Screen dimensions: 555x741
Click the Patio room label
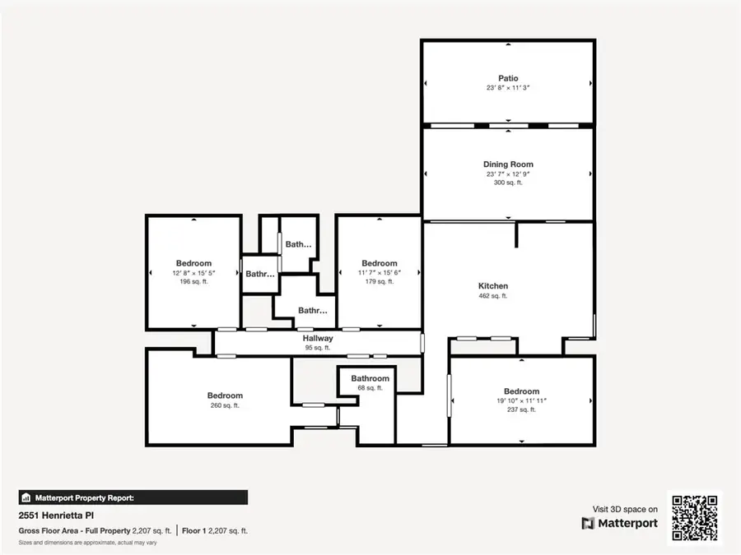coord(508,79)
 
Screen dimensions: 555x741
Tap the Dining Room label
coord(509,164)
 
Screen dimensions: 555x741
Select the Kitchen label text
coord(493,286)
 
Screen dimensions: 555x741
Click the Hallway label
coord(317,338)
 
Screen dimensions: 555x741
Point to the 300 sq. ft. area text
coord(509,183)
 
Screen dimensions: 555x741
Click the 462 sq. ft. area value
coord(493,296)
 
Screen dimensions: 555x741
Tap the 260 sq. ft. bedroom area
coord(225,405)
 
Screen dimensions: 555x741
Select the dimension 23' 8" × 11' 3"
coord(508,88)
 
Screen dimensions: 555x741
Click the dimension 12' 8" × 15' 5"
coord(193,273)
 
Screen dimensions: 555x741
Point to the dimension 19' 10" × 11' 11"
coord(521,400)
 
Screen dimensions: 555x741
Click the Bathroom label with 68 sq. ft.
coord(370,379)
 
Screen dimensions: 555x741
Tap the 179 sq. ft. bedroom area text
coord(379,281)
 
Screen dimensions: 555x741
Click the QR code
coord(694,518)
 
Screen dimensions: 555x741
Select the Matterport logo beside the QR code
coord(620,523)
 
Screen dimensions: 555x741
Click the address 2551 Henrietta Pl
coord(52,516)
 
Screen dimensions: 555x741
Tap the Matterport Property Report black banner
coord(133,497)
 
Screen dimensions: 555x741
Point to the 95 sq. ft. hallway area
coord(317,348)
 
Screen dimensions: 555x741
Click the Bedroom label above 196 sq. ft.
coord(193,263)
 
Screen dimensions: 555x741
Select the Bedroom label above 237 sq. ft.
coord(521,391)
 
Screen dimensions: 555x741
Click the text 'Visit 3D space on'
coord(625,510)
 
